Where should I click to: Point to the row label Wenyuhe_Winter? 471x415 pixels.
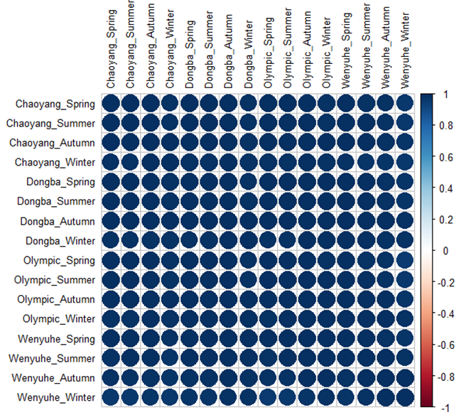pos(57,396)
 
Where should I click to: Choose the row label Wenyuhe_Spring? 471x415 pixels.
pos(57,338)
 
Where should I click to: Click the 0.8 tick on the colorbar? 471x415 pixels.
pos(447,126)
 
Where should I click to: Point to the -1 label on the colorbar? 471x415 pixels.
pos(444,407)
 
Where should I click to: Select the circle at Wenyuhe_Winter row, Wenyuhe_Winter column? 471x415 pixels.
pos(404,396)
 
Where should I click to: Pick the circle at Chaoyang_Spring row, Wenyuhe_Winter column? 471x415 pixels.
pos(404,104)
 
